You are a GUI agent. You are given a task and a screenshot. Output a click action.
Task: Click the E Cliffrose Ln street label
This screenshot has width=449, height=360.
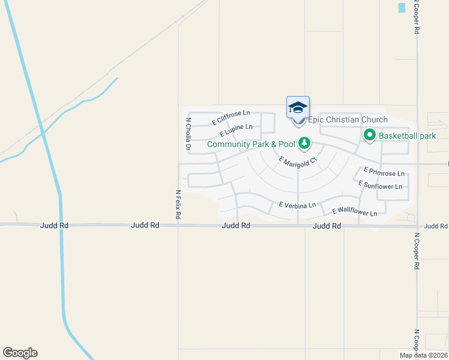(231, 118)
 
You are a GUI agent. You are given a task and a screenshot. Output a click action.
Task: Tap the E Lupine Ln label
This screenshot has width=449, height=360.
(236, 130)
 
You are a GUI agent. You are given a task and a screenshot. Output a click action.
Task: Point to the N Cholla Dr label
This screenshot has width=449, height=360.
(188, 134)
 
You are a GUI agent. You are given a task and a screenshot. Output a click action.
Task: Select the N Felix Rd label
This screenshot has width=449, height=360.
(178, 204)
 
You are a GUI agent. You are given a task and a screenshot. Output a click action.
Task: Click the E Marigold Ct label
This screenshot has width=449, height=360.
(297, 162)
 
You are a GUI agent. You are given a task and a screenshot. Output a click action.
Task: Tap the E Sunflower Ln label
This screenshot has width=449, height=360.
(380, 185)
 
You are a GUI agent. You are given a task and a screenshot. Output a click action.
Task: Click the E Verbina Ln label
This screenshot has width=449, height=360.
(297, 205)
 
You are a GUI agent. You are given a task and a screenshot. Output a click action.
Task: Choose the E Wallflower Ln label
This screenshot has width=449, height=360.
(354, 212)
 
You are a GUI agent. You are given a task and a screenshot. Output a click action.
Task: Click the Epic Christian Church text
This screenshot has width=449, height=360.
(348, 120)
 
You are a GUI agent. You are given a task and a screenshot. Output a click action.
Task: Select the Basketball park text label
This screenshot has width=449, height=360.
(407, 136)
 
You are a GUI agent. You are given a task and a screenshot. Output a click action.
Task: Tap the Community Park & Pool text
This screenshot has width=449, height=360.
(252, 144)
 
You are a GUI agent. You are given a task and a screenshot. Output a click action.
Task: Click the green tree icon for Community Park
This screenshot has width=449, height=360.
(305, 143)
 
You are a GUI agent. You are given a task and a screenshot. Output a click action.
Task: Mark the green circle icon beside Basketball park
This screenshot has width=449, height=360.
(369, 136)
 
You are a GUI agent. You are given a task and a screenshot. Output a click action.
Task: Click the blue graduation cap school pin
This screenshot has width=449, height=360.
(298, 108)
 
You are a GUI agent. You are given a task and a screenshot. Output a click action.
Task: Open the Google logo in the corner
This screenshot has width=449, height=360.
(20, 353)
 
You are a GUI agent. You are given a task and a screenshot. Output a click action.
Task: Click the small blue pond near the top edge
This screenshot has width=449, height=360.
(402, 8)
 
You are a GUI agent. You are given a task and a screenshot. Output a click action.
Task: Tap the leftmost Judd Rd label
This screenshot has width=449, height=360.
(55, 226)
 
